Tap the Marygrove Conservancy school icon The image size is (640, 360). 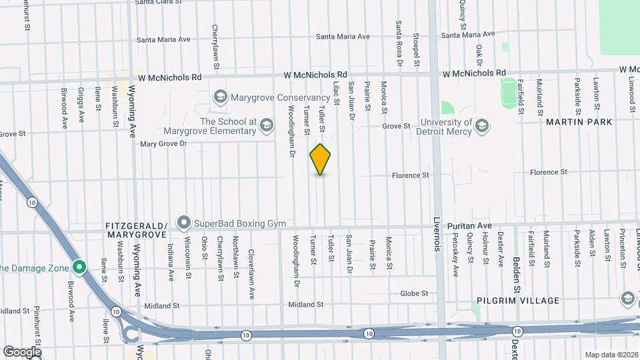(x=220, y=97)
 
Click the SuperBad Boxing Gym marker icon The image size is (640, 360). (x=183, y=222)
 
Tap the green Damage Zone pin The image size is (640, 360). (x=79, y=268)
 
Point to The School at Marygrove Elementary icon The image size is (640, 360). (x=267, y=125)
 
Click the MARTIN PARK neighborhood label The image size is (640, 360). (x=579, y=122)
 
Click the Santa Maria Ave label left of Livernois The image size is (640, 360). (x=343, y=37)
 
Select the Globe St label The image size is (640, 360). (x=414, y=293)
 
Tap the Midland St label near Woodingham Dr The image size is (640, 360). (x=305, y=305)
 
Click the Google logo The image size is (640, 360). (x=22, y=351)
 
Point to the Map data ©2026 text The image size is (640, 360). (x=611, y=355)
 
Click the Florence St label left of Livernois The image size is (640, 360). (x=410, y=176)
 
